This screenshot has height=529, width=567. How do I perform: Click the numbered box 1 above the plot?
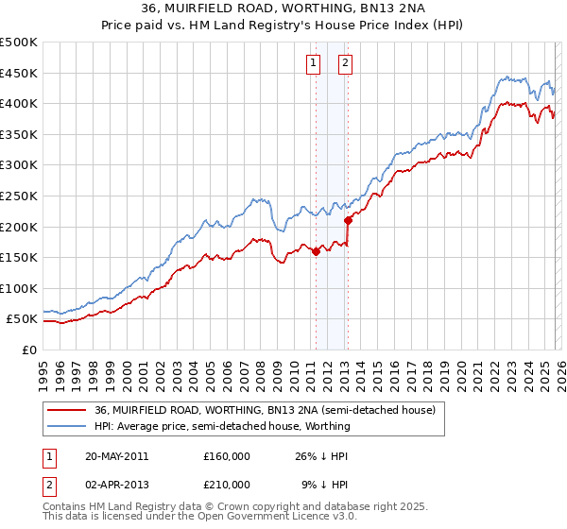(x=314, y=63)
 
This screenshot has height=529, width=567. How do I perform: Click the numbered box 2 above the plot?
(x=345, y=63)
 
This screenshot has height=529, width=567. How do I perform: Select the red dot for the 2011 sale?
(x=316, y=251)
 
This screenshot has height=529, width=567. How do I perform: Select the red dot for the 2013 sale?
(x=348, y=220)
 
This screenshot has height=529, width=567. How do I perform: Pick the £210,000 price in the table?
(x=227, y=484)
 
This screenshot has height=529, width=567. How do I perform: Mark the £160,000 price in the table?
(x=227, y=455)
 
